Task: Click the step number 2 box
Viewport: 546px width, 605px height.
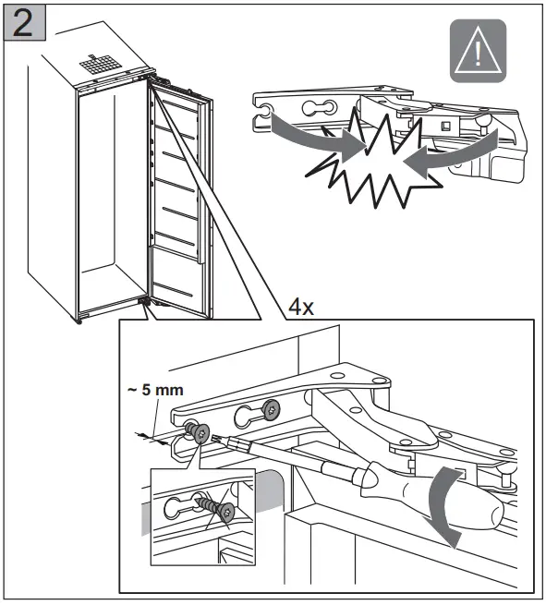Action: coord(25,23)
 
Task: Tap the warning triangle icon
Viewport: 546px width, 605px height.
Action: coord(478,51)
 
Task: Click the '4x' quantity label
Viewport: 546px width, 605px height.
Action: coord(301,308)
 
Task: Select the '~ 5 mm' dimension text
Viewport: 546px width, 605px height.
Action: coord(155,390)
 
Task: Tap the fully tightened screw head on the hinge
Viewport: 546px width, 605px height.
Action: coord(271,410)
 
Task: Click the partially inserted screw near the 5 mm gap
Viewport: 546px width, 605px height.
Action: coord(199,432)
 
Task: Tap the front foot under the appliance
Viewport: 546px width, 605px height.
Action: coord(79,321)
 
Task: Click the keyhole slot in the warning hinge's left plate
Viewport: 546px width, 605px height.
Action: coord(319,108)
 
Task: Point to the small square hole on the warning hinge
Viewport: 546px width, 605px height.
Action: coord(446,126)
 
